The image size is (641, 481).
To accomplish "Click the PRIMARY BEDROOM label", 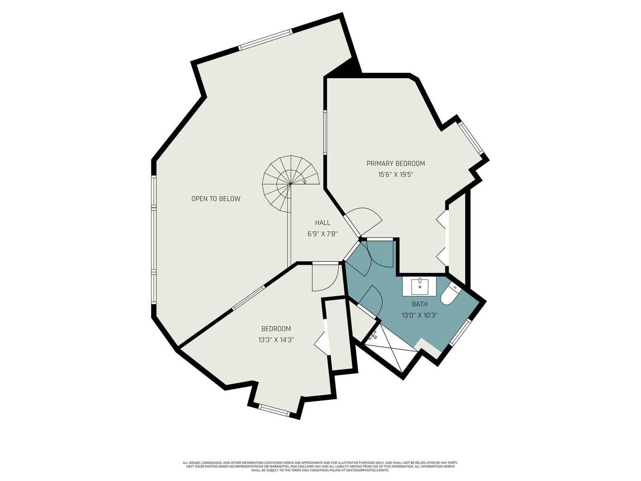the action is click(395, 164).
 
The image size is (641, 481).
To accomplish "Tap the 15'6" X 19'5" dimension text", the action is click(396, 175).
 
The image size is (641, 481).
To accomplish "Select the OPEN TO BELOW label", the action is click(216, 199).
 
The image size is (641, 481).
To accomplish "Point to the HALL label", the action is click(323, 223).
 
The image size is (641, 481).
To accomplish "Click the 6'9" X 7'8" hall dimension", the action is click(323, 234).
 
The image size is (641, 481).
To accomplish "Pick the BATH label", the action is click(419, 304).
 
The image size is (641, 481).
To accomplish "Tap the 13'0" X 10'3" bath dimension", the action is click(419, 315).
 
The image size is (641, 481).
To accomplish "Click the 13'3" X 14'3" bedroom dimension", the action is click(276, 340).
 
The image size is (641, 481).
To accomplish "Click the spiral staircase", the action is click(290, 184).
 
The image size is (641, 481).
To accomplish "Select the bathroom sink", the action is click(419, 287).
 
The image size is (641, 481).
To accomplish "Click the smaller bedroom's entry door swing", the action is click(325, 278).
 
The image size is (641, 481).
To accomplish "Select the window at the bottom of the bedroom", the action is click(274, 410).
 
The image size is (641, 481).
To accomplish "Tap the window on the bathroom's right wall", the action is click(460, 332).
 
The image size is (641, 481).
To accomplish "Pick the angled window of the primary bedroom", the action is click(471, 138).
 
